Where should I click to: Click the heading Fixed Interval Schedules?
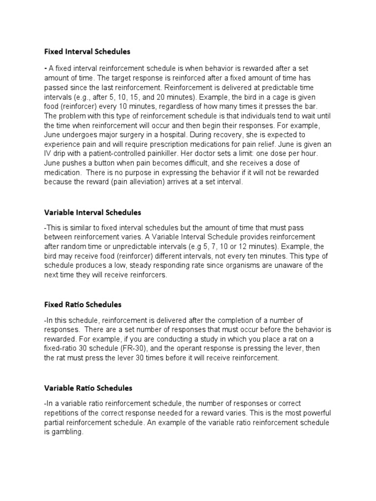pyautogui.click(x=87, y=51)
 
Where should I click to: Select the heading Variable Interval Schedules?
pyautogui.click(x=93, y=212)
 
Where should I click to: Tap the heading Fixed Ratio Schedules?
pyautogui.click(x=83, y=305)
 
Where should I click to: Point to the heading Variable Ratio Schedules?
pyautogui.click(x=88, y=388)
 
